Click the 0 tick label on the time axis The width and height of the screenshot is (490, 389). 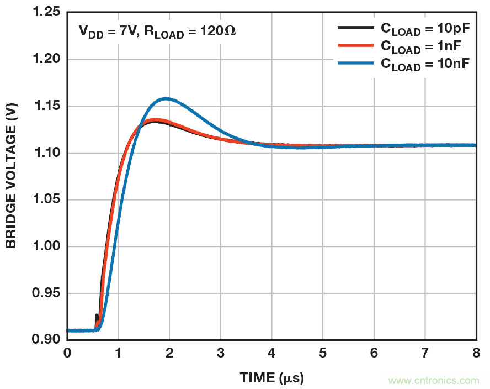67,353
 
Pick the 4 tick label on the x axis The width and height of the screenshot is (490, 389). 271,353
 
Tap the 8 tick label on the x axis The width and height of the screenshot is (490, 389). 476,353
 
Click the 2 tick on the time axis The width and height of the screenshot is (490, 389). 169,353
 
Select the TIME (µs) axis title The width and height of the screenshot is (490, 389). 271,378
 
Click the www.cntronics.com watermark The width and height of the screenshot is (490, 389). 434,380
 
